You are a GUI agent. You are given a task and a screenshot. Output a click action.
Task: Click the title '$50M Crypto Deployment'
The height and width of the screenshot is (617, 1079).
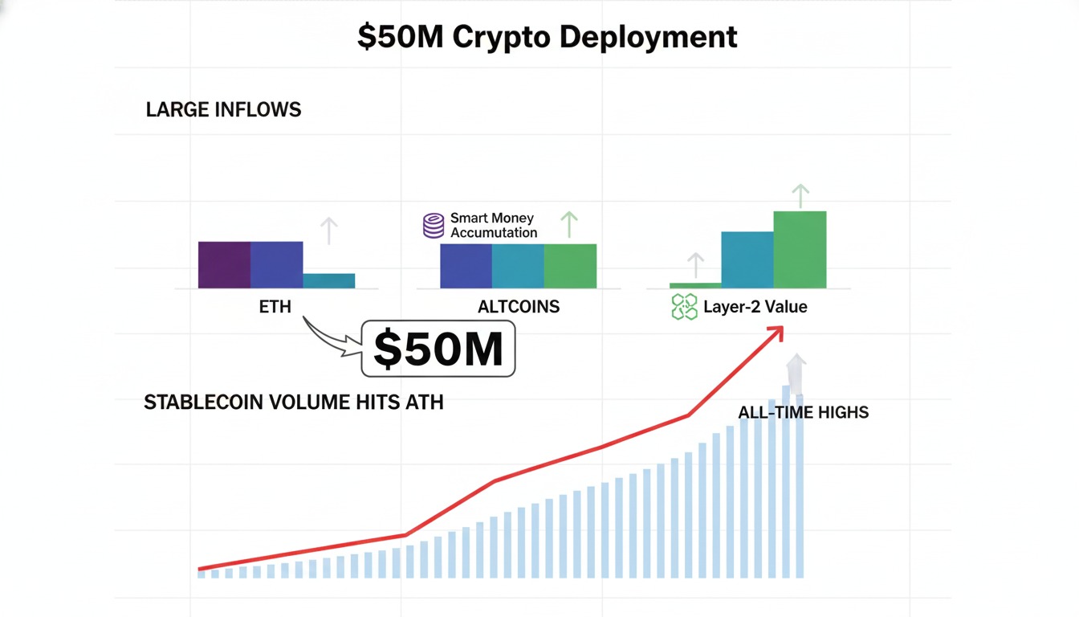(547, 37)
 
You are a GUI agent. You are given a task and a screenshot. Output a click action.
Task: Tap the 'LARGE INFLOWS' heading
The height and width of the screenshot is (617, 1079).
(223, 110)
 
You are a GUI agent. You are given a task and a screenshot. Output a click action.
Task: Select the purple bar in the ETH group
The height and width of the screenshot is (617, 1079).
(224, 264)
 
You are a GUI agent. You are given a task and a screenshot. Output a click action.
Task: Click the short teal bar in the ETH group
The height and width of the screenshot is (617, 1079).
(329, 280)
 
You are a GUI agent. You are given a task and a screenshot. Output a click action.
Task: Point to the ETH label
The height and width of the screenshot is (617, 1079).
(275, 306)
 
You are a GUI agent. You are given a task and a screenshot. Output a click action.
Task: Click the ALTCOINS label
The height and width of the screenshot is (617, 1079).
(519, 306)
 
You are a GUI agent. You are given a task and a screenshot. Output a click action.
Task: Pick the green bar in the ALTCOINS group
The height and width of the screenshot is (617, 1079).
(570, 266)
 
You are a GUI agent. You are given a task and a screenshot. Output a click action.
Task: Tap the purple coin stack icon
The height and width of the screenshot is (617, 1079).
(434, 225)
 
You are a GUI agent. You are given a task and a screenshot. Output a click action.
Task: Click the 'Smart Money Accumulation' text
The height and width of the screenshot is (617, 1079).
(493, 225)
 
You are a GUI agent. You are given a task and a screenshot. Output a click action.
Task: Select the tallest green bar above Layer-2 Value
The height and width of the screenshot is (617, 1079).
(800, 249)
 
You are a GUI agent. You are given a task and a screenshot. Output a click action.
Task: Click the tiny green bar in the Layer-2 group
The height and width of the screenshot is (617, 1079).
(695, 285)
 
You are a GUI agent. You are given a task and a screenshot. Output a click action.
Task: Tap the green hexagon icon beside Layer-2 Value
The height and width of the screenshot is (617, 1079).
(684, 307)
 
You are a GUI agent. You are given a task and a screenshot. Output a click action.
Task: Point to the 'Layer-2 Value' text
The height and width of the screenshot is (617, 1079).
(755, 306)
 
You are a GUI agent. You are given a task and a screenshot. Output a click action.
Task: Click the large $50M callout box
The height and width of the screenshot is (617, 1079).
(438, 349)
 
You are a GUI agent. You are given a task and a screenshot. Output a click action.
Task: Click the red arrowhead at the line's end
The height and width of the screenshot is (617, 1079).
(776, 332)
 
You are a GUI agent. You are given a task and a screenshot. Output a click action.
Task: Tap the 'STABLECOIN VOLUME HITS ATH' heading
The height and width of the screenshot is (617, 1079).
(293, 402)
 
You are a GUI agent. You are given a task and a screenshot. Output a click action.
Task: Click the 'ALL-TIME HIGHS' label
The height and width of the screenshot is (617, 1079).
(803, 412)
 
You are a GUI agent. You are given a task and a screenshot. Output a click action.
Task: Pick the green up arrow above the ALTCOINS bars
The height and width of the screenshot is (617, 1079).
(568, 223)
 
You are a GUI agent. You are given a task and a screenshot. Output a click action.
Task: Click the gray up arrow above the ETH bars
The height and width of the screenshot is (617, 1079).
(328, 230)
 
